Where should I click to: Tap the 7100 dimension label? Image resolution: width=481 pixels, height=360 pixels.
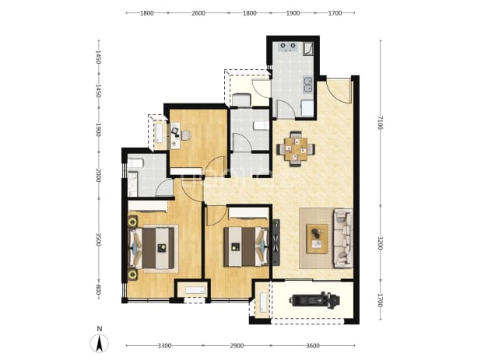[x=381, y=122]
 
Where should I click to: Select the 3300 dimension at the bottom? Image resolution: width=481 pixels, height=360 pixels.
[x=164, y=346]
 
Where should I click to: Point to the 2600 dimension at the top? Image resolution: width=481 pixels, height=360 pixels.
[x=198, y=13]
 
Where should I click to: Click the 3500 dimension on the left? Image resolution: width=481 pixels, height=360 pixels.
[x=99, y=239]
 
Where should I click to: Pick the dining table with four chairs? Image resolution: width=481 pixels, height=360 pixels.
[x=296, y=149]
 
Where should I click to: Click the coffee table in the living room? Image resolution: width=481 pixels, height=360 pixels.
[x=318, y=239]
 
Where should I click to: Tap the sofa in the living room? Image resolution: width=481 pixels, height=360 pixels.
[x=343, y=238]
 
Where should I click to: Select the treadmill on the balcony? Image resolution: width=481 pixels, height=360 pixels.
[x=314, y=299]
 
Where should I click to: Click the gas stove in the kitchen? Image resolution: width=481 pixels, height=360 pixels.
[x=288, y=47]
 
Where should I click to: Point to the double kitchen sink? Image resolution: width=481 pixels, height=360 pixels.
[x=307, y=85]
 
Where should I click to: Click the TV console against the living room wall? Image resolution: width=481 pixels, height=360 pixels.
[x=276, y=242]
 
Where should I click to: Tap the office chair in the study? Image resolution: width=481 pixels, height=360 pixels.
[x=185, y=135]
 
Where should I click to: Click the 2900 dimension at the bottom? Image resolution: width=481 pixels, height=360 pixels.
[x=237, y=346]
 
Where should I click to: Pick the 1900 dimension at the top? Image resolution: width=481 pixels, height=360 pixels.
[x=293, y=13]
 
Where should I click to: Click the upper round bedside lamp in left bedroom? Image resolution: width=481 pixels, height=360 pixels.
[x=133, y=222]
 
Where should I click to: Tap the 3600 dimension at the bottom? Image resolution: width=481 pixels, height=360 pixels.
[x=313, y=346]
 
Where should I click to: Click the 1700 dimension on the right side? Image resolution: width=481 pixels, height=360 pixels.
[x=381, y=300]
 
